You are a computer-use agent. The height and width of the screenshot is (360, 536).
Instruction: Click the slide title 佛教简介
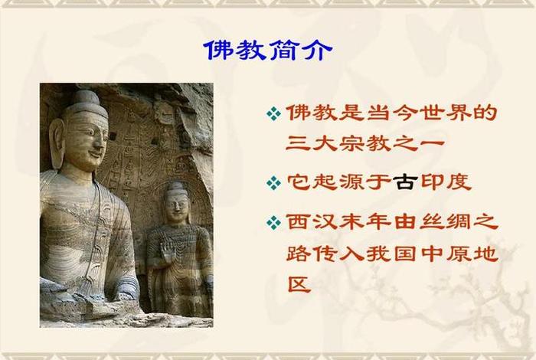pos(268,51)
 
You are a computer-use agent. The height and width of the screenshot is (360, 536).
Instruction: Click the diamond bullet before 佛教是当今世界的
pos(273,114)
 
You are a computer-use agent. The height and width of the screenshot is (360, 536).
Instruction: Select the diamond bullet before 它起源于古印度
pos(273,184)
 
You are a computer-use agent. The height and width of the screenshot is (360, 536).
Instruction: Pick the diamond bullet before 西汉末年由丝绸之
pos(273,223)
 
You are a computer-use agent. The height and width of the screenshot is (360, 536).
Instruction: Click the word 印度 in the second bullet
pos(445,183)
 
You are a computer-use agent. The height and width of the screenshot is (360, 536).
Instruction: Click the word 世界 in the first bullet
pos(445,113)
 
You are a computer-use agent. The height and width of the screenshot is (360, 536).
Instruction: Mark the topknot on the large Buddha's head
pos(87,98)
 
